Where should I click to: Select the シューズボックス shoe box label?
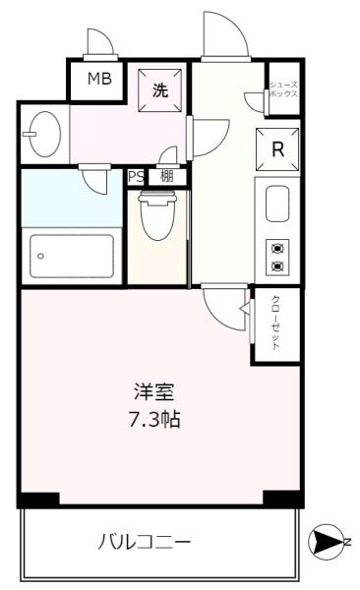click(x=284, y=89)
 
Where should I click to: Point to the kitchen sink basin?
click(x=276, y=204)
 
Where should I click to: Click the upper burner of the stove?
click(x=276, y=250)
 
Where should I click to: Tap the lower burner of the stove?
click(x=276, y=265)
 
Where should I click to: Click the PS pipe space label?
click(x=136, y=177)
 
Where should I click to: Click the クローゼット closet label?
click(x=276, y=323)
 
